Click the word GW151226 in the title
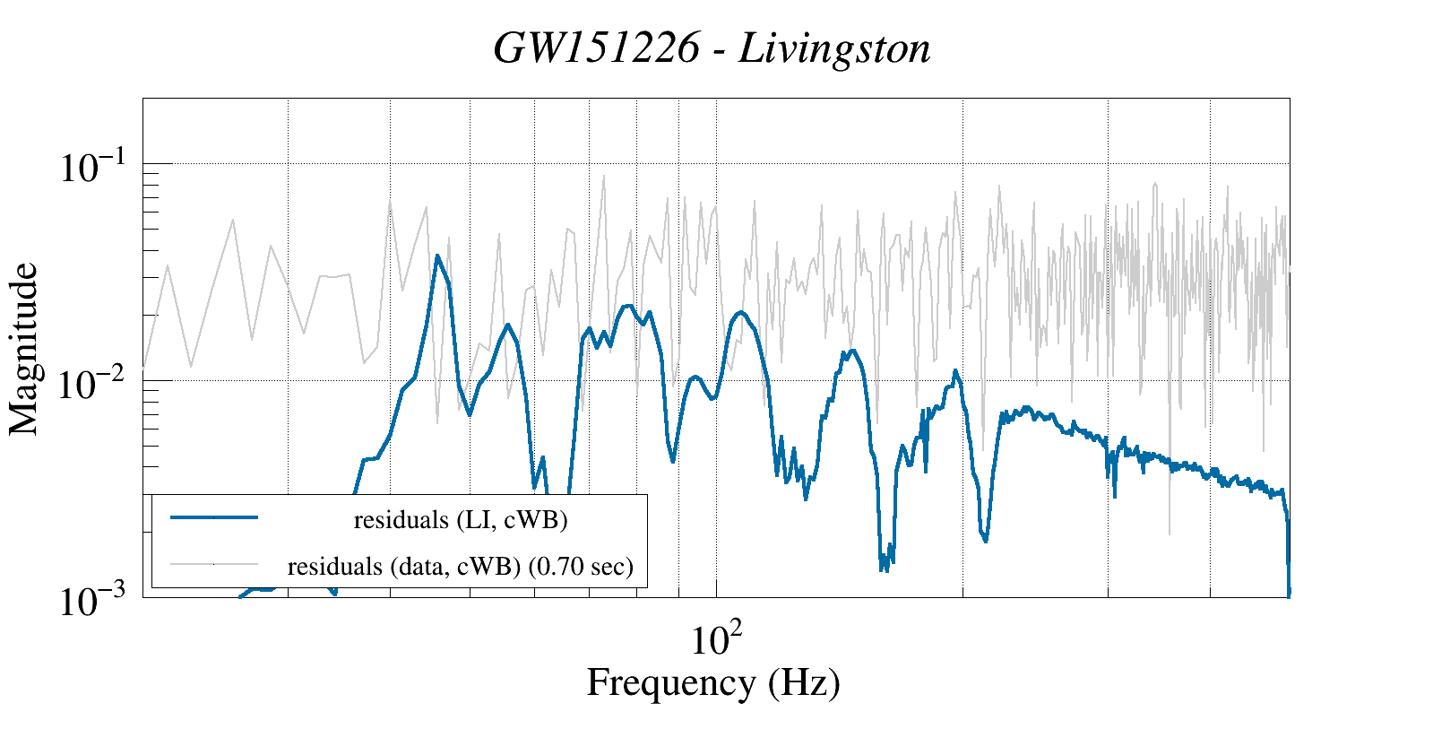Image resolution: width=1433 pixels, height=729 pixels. [x=596, y=48]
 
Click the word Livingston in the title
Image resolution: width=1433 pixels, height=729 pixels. [x=834, y=48]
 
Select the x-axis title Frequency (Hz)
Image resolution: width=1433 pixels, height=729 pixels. [x=713, y=682]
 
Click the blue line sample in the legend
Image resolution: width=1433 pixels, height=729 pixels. [x=214, y=517]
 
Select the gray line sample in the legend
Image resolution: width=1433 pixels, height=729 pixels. [x=214, y=564]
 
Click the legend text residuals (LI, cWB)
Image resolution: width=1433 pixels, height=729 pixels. [x=461, y=519]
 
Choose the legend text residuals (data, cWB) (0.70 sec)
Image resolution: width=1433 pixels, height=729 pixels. [x=460, y=566]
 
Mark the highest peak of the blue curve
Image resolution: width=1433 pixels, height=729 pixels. [x=437, y=256]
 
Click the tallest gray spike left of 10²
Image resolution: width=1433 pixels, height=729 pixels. [x=604, y=177]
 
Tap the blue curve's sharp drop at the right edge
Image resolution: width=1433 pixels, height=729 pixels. [x=1288, y=556]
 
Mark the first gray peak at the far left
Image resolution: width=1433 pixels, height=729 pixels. [x=168, y=265]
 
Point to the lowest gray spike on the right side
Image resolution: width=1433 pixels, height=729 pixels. [x=1169, y=534]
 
